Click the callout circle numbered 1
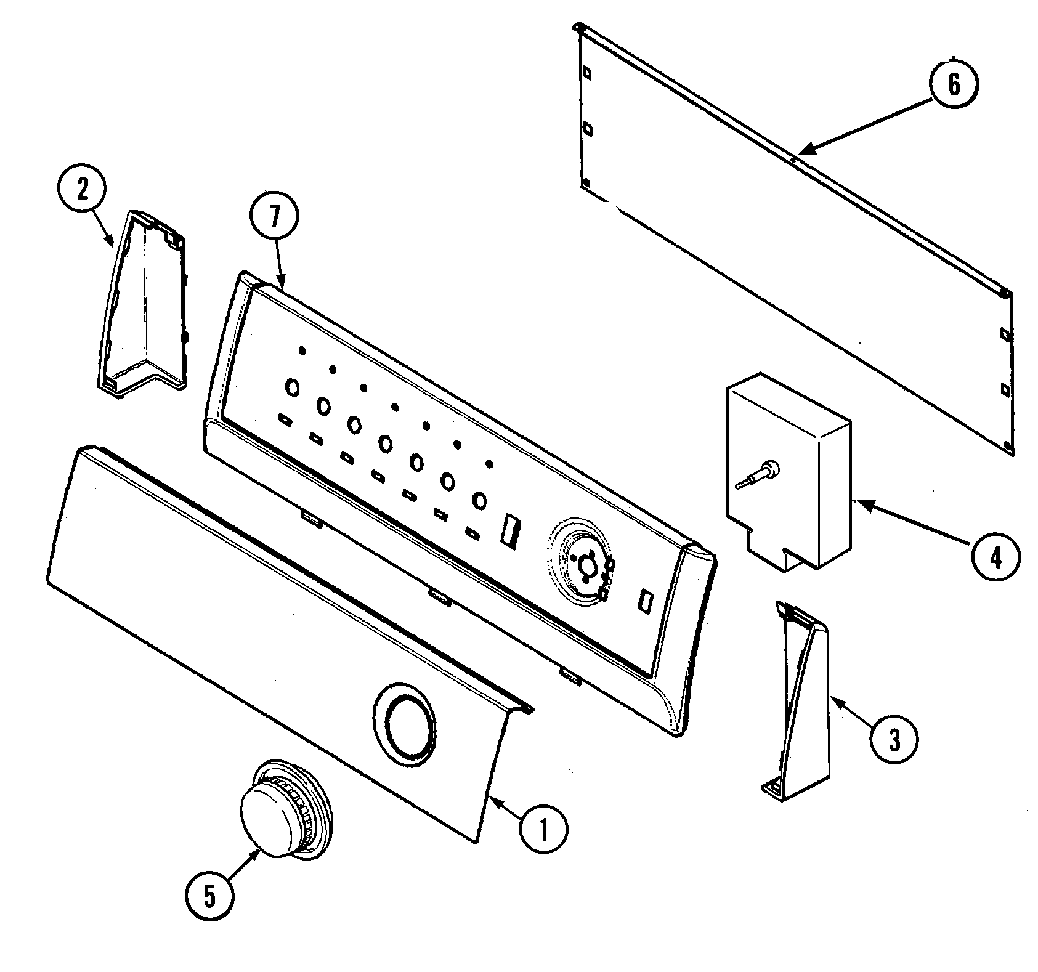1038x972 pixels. point(543,831)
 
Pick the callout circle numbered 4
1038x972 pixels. point(995,556)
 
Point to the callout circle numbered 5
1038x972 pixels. point(210,897)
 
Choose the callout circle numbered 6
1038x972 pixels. point(953,85)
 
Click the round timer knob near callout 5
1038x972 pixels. point(283,814)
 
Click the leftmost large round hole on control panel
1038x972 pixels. point(292,387)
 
